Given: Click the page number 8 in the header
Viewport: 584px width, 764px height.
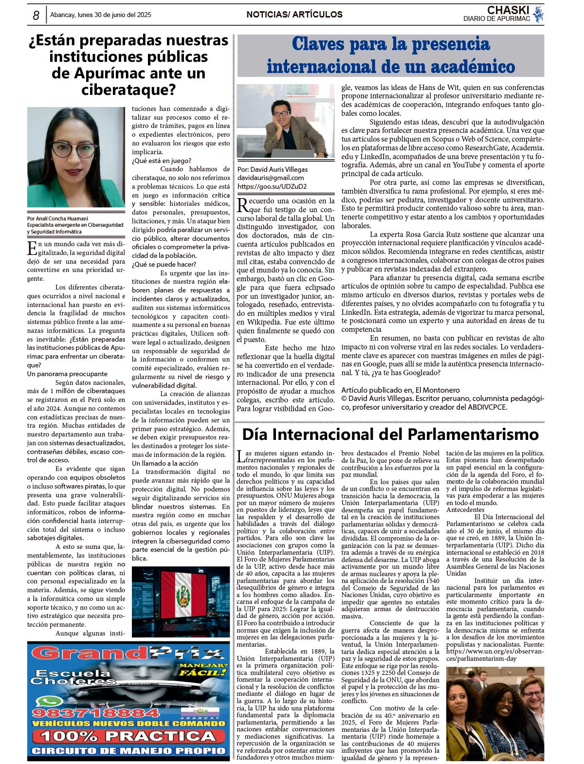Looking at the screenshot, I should coord(36,16).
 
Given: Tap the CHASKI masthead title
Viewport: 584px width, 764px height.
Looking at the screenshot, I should coord(508,10).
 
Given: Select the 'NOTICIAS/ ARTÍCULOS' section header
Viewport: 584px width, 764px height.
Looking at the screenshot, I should coord(294,15).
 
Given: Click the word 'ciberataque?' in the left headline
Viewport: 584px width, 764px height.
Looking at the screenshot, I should coord(128,90).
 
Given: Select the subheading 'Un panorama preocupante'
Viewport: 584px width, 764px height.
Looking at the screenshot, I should coord(67,374).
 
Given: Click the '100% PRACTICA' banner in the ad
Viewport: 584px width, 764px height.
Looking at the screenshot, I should coord(128,736).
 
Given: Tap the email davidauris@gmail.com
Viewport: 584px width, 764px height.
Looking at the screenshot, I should coord(271,178).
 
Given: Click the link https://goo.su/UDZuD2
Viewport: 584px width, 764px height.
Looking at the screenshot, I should coord(272,186).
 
